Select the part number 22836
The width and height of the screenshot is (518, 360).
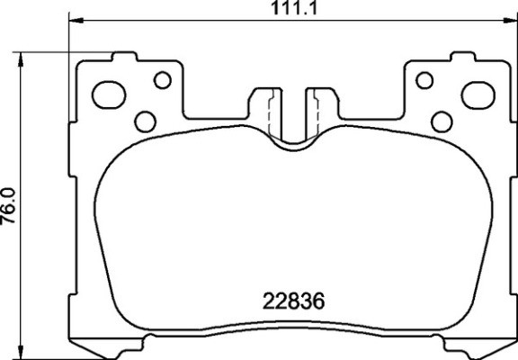point(292,301)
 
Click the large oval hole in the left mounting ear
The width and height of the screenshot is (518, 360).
point(112,92)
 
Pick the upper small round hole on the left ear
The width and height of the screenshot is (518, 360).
point(162,80)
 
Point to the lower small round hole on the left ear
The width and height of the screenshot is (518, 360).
point(143,120)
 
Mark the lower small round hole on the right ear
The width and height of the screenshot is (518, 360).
point(441,120)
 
